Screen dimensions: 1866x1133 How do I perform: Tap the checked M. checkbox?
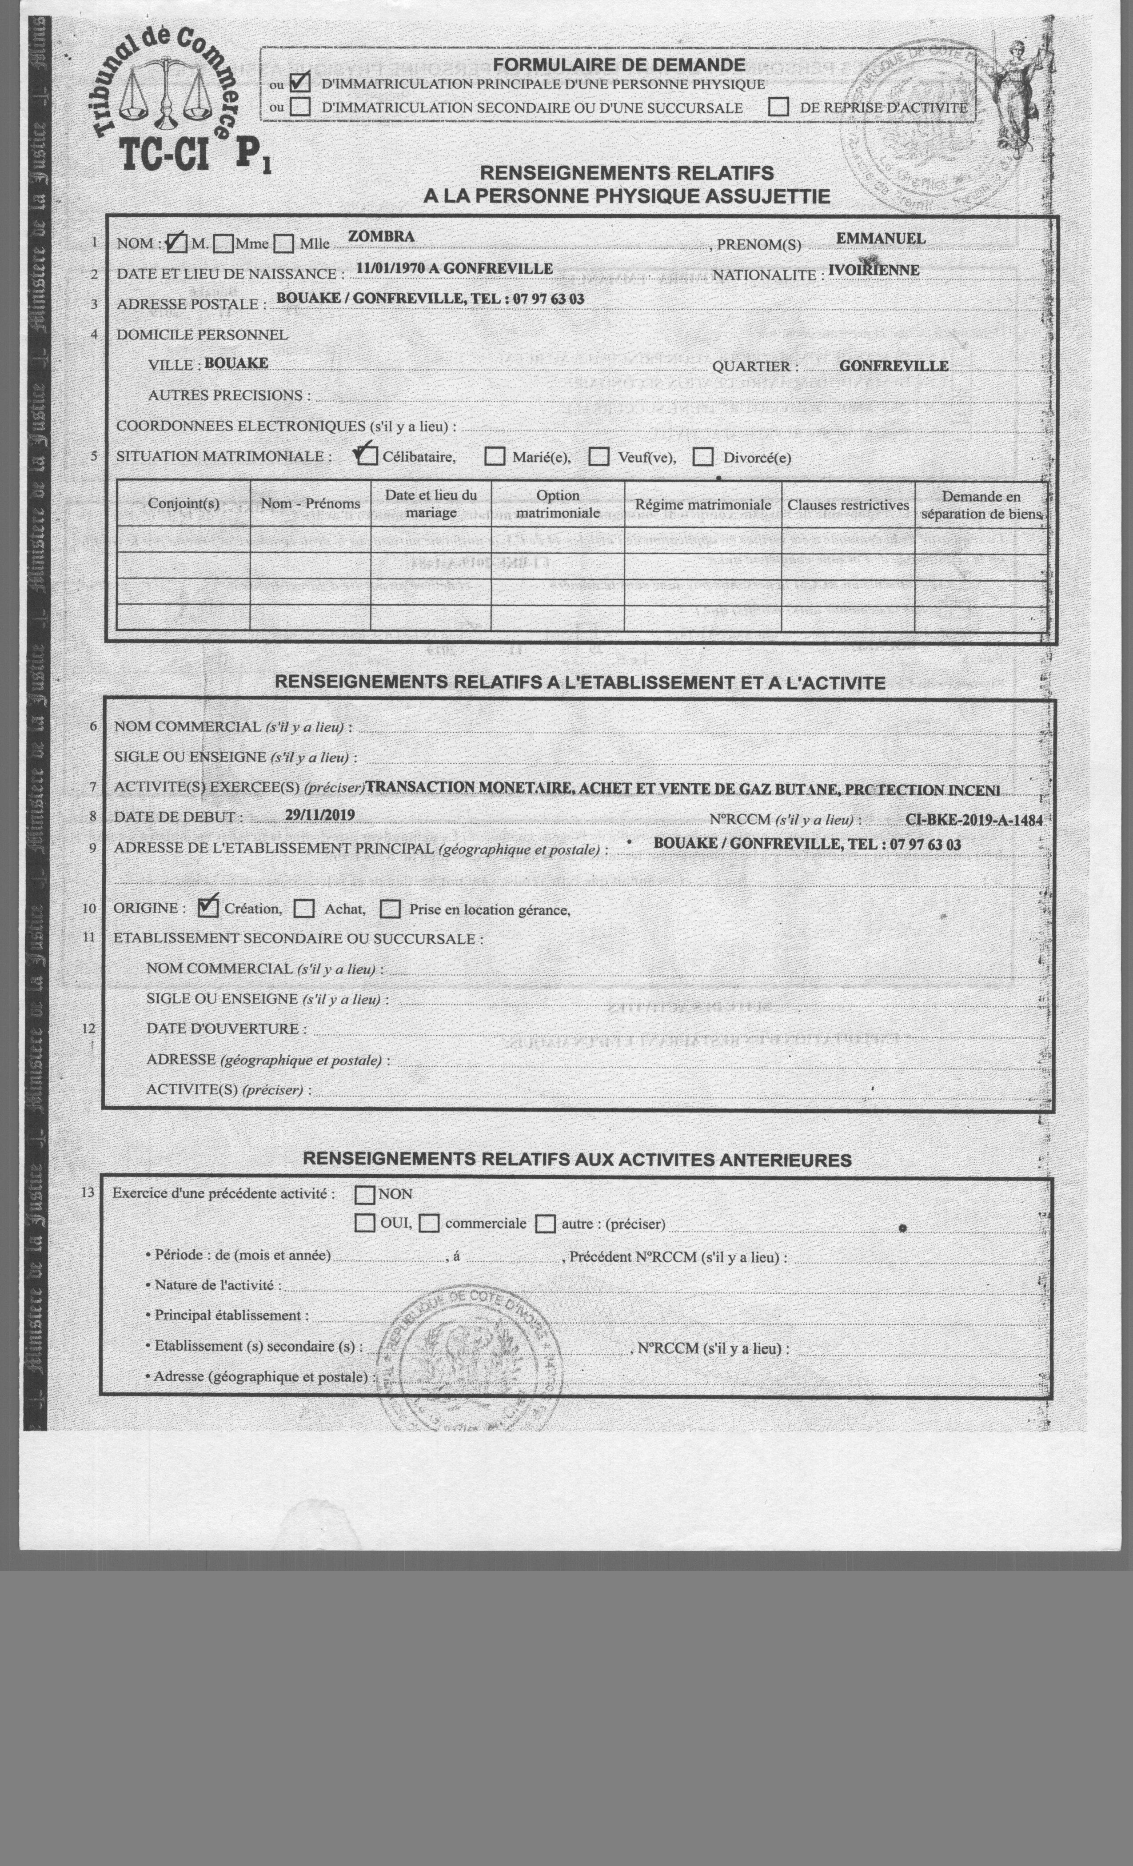coord(176,243)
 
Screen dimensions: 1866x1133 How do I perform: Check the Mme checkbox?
coord(223,244)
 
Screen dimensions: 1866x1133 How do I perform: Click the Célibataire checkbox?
coord(368,456)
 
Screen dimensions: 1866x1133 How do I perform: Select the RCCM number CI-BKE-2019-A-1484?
coord(973,819)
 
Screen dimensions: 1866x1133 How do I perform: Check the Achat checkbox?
coord(304,908)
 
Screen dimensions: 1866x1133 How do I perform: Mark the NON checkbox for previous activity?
coord(365,1194)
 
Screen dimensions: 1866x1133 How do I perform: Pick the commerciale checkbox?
coord(429,1223)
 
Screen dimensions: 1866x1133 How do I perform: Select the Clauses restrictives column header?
coord(847,504)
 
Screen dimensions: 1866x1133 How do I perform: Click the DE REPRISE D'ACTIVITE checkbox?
coord(778,107)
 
